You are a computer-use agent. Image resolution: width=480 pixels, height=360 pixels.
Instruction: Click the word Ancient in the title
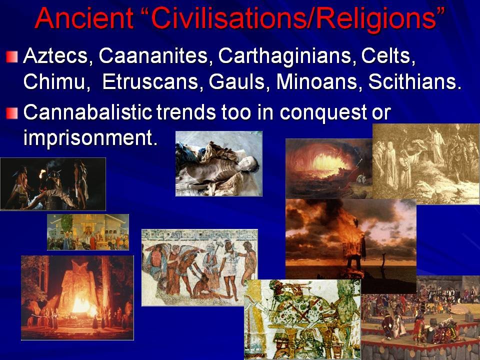pos(84,18)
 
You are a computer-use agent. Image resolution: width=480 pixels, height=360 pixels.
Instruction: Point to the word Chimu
pos(56,81)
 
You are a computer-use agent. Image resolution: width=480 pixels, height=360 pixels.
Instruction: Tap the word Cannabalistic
pos(87,112)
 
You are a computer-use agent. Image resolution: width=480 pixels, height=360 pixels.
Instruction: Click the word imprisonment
pos(90,138)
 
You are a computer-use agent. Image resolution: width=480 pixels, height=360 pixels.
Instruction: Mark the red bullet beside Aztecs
pos(11,56)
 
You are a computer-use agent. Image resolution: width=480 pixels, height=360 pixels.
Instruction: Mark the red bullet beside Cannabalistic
pos(11,113)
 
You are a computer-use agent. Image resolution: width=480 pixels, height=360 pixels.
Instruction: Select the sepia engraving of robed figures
pos(426,163)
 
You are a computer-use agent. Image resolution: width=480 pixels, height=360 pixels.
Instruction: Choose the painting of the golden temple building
pos(88,232)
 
